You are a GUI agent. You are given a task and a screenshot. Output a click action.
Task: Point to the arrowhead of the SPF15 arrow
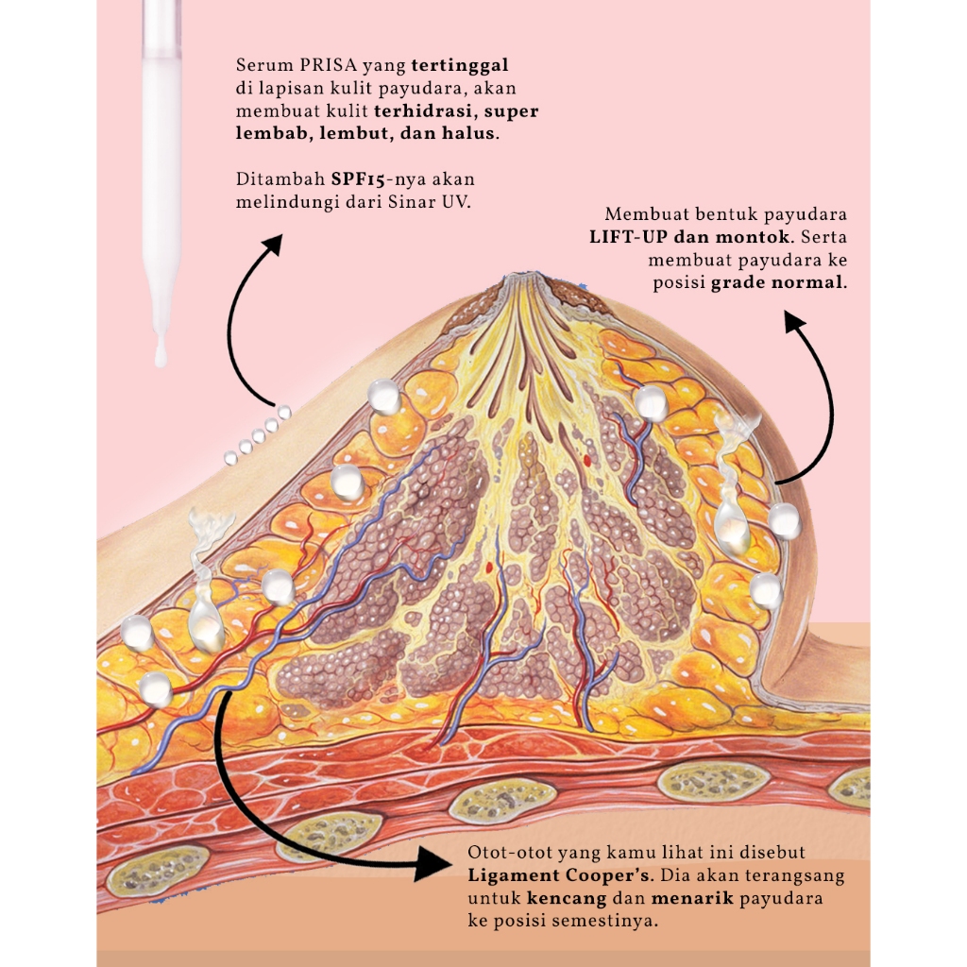pos(272,244)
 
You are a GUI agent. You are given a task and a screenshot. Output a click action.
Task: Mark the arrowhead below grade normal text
pos(795,325)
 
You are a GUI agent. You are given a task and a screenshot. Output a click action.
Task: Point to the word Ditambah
pos(279,178)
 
